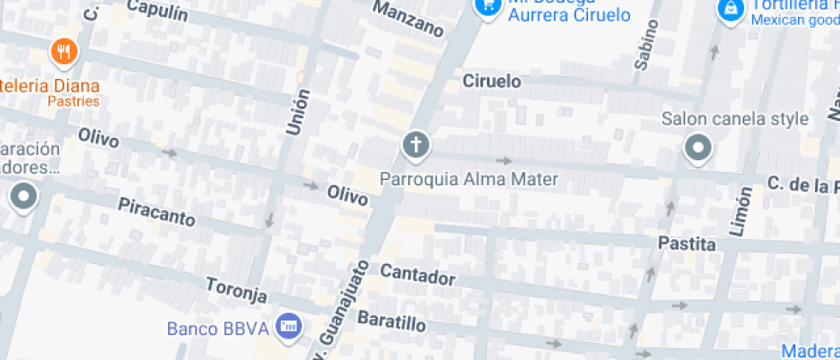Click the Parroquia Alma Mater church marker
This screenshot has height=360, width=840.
[x=416, y=145]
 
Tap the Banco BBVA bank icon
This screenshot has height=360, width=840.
[x=290, y=326]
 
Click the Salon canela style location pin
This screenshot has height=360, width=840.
[x=698, y=148]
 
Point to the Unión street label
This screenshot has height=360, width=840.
[x=297, y=112]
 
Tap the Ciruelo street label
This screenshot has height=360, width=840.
[x=492, y=81]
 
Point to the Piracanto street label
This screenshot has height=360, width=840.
[x=157, y=211]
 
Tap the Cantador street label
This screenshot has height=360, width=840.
[x=417, y=275]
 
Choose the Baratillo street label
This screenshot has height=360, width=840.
[x=391, y=321]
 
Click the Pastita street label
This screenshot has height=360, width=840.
[x=687, y=243]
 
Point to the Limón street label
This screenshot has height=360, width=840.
[x=742, y=210]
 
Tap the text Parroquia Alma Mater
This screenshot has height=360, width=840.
[x=469, y=179]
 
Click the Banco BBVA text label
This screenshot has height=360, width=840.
[x=218, y=327]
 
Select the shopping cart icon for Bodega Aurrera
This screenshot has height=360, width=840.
[x=488, y=5]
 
